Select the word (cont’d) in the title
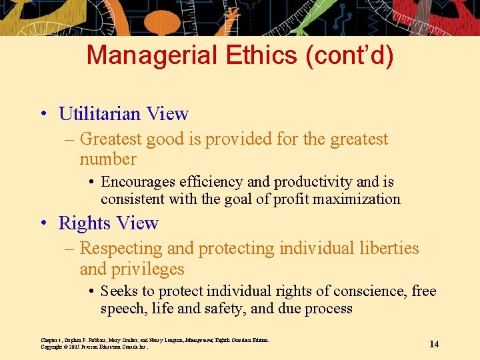point(349,55)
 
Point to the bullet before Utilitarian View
point(42,114)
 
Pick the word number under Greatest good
point(108,159)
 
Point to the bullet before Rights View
point(42,223)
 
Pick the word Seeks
point(119,291)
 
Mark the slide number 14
point(434,344)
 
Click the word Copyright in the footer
point(51,347)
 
